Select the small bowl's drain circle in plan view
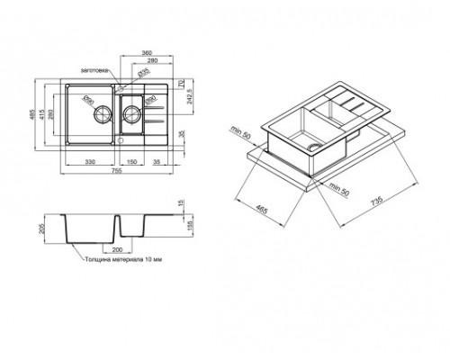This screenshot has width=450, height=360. [x=131, y=113]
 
